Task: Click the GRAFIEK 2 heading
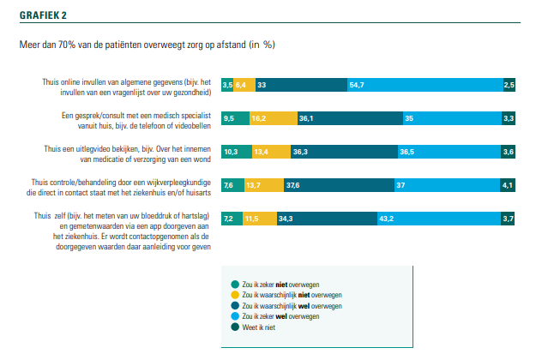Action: [x=31, y=15]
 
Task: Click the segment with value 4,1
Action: [x=509, y=185]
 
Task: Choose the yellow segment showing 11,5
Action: [x=250, y=219]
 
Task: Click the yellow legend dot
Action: [x=234, y=294]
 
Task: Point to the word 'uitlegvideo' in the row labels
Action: [x=103, y=148]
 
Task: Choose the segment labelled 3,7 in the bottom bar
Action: [x=509, y=219]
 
